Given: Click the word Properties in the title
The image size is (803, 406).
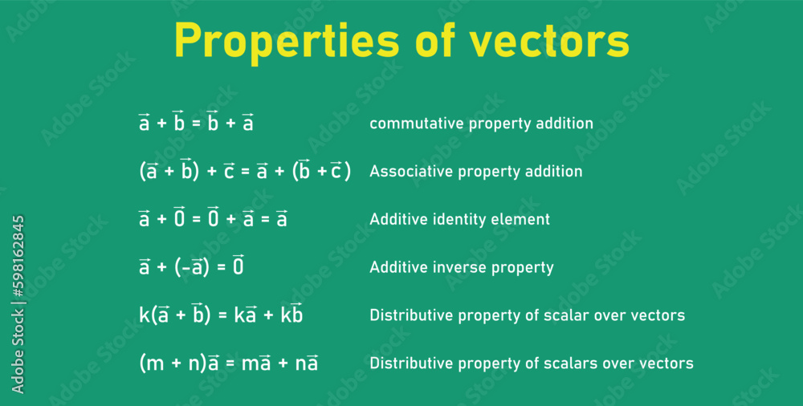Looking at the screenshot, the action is coord(287,41).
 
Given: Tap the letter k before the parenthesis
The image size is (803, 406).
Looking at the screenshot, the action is coord(144,315).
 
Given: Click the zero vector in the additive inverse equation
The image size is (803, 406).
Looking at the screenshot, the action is coord(238,266).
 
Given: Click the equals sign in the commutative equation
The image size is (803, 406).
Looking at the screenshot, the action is coord(195,124).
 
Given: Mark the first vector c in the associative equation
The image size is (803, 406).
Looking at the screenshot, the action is coord(229,170).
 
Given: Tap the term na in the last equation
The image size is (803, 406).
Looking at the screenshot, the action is coord(306,362).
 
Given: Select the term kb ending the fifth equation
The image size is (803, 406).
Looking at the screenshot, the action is coord(291,314).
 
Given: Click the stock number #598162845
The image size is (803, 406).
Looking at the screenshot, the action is coord(18,256).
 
